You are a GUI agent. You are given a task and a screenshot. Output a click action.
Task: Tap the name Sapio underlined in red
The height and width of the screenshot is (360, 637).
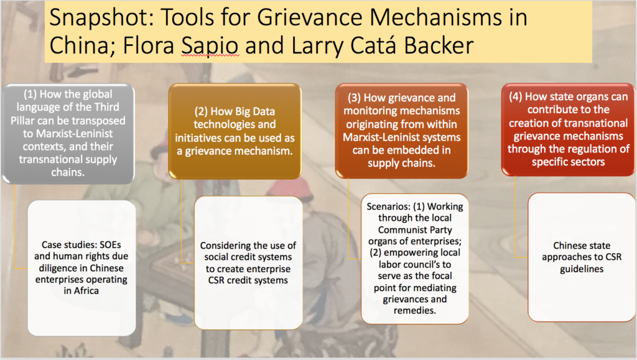pyautogui.click(x=210, y=45)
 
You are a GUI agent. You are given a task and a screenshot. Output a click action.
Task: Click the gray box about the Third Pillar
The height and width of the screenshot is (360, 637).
pyautogui.click(x=68, y=134)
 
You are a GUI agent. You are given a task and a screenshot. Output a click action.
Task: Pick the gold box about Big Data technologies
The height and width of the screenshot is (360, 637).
pyautogui.click(x=235, y=131)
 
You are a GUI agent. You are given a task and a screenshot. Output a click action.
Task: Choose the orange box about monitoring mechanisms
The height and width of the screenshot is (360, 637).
pyautogui.click(x=401, y=131)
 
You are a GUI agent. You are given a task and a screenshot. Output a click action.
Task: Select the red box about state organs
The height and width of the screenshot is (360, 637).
pyautogui.click(x=569, y=129)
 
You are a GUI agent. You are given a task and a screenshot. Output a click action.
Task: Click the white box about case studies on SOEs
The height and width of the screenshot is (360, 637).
pyautogui.click(x=81, y=268)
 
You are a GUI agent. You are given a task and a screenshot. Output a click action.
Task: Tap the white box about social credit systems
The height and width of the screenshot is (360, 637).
pyautogui.click(x=248, y=263)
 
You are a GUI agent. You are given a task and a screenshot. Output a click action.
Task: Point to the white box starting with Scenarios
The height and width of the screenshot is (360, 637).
pyautogui.click(x=415, y=259)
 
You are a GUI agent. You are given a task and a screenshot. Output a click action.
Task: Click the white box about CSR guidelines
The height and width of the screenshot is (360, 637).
pyautogui.click(x=582, y=257)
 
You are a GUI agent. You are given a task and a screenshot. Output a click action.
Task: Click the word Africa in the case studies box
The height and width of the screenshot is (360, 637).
pyautogui.click(x=86, y=291)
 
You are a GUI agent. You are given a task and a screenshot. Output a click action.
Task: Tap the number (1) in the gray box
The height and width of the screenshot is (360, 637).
pyautogui.click(x=30, y=94)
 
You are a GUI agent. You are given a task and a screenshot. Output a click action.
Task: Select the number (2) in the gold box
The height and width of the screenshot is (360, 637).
pyautogui.click(x=201, y=112)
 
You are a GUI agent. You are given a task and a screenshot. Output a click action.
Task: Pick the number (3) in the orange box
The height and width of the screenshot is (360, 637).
pyautogui.click(x=354, y=98)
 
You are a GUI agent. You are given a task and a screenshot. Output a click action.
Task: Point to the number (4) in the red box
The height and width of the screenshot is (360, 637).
pyautogui.click(x=516, y=96)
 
